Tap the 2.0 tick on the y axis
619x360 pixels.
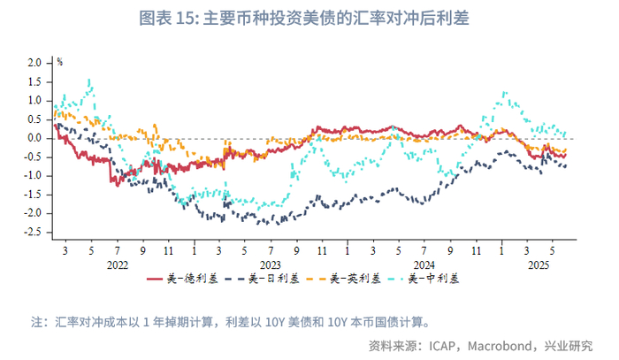pos(34,63)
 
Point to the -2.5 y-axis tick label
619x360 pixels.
pos(33,232)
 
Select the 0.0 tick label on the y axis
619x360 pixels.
pos(34,138)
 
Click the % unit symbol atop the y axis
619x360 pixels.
pos(59,62)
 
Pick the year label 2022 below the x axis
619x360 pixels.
pos(118,264)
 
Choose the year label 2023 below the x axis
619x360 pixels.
pos(271,264)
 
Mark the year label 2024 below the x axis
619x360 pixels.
pos(424,264)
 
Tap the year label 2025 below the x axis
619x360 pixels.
pos(539,264)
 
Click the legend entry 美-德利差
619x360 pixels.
pos(182,279)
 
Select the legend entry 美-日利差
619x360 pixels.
pos(262,279)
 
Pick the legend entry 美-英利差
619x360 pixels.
pos(343,279)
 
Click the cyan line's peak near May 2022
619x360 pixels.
pos(89,80)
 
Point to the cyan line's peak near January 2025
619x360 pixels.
pos(504,92)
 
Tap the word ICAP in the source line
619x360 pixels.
pos(442,346)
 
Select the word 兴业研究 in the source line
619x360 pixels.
pos(569,346)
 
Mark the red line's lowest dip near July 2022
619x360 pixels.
pos(118,185)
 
